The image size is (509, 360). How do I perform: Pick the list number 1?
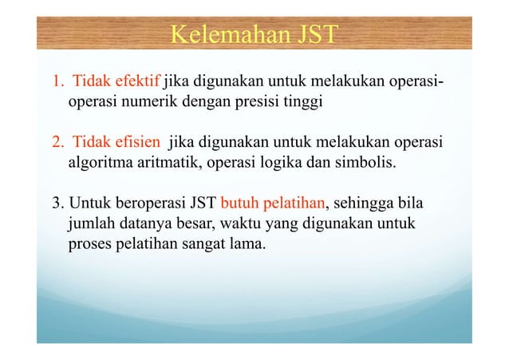[x=57, y=81]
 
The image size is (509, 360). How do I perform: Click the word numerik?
[x=149, y=102]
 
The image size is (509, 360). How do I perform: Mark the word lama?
[x=251, y=241]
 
